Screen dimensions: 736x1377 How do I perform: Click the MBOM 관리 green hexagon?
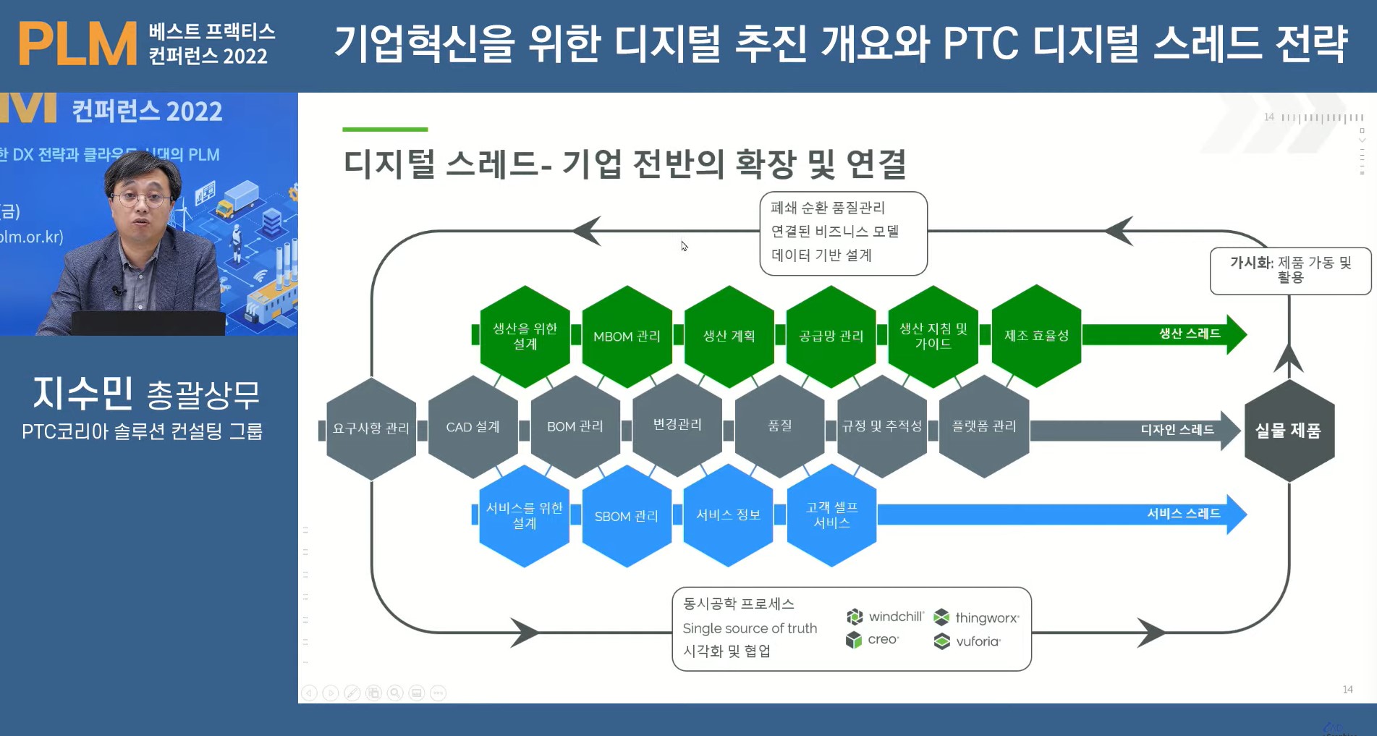click(x=627, y=336)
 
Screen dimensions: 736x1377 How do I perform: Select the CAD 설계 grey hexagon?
click(x=473, y=427)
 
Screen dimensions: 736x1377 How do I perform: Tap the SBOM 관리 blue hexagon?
click(x=627, y=516)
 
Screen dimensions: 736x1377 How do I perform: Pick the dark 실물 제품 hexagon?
click(x=1288, y=431)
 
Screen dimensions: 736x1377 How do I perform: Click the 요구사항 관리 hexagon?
click(x=370, y=428)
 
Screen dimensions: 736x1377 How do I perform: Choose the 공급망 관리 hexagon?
click(x=831, y=336)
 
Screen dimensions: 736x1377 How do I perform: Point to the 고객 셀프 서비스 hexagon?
click(x=831, y=515)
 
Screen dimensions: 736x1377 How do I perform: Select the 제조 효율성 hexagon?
click(x=1036, y=336)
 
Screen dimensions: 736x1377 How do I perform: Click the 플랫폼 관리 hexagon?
click(x=984, y=426)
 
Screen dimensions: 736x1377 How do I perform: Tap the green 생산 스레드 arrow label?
click(x=1190, y=334)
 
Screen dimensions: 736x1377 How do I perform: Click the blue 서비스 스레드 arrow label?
click(x=1184, y=514)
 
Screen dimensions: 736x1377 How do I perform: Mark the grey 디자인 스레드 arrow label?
click(x=1177, y=430)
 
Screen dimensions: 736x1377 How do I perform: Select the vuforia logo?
click(x=967, y=641)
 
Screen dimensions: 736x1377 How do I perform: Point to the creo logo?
click(x=873, y=640)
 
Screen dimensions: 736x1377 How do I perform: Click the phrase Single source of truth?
click(x=750, y=628)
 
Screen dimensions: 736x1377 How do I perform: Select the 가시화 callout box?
click(x=1290, y=271)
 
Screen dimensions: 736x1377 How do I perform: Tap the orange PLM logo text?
click(x=77, y=43)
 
